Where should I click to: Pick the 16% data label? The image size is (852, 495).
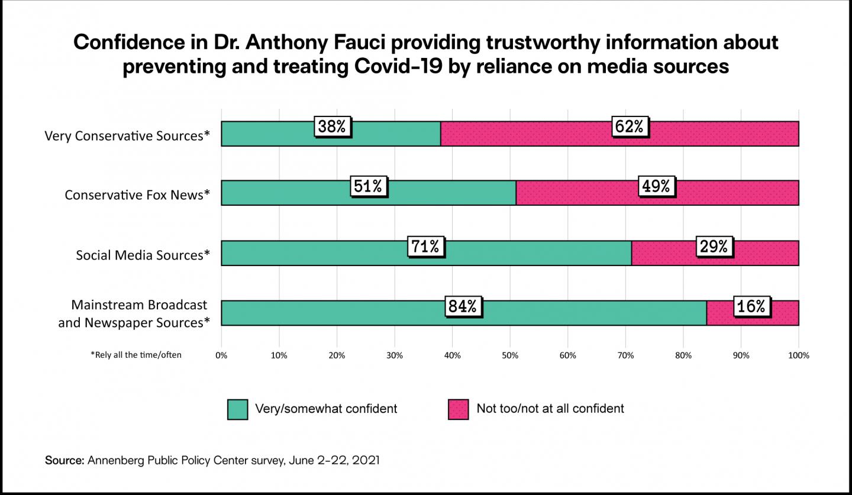(x=752, y=306)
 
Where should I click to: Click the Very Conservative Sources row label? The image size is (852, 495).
(x=127, y=135)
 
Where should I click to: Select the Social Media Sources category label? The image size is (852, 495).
(x=143, y=255)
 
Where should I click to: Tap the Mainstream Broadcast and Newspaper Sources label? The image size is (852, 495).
(x=134, y=313)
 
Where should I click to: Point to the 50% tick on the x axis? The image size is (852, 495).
(x=510, y=355)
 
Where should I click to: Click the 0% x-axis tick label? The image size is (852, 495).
(x=221, y=355)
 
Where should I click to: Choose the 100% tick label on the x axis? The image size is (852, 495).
(x=798, y=355)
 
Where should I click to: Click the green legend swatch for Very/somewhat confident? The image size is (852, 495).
(x=237, y=409)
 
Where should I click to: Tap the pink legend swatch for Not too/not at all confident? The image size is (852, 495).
(x=458, y=409)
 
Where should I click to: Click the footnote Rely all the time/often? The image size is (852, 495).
(x=136, y=355)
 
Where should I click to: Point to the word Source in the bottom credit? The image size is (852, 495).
(x=64, y=460)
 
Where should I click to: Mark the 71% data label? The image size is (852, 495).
(x=426, y=245)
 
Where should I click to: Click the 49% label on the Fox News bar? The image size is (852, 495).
(x=657, y=186)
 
